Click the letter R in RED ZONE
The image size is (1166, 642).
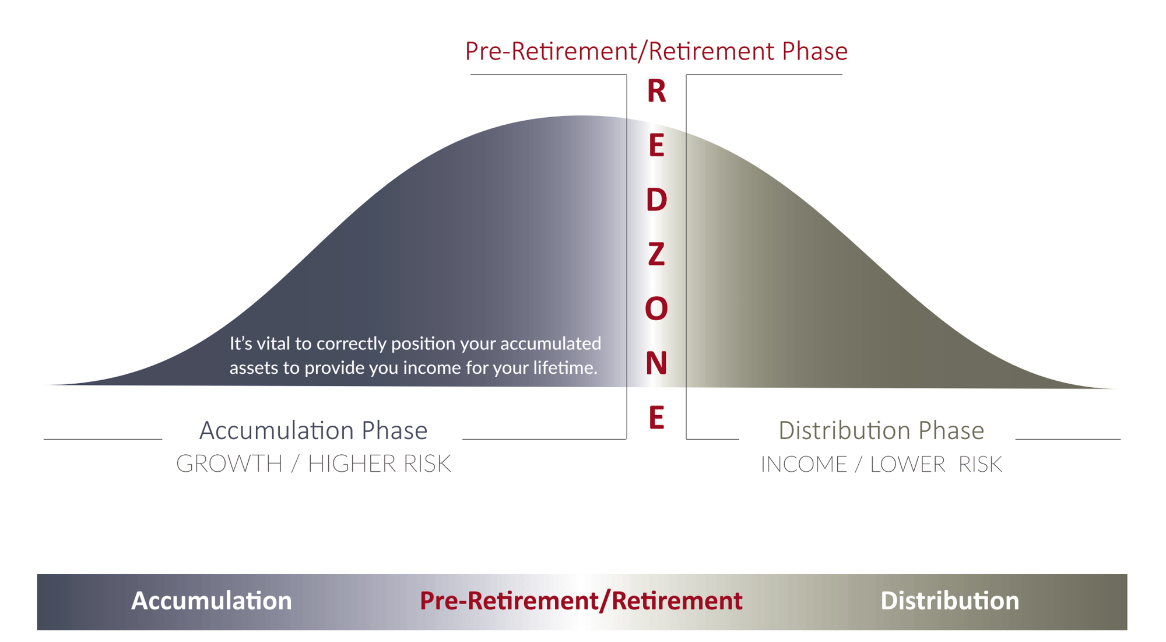[656, 92]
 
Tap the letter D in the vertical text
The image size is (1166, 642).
[656, 200]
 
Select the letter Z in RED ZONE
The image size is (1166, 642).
[656, 255]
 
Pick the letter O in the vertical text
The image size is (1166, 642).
[656, 308]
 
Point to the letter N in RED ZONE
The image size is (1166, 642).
[656, 363]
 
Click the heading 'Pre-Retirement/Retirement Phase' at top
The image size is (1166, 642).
[656, 51]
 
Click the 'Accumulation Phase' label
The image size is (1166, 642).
[313, 431]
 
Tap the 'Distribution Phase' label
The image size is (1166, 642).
[881, 431]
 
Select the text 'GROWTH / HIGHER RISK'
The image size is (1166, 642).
[313, 464]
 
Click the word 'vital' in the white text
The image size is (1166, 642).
[274, 343]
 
